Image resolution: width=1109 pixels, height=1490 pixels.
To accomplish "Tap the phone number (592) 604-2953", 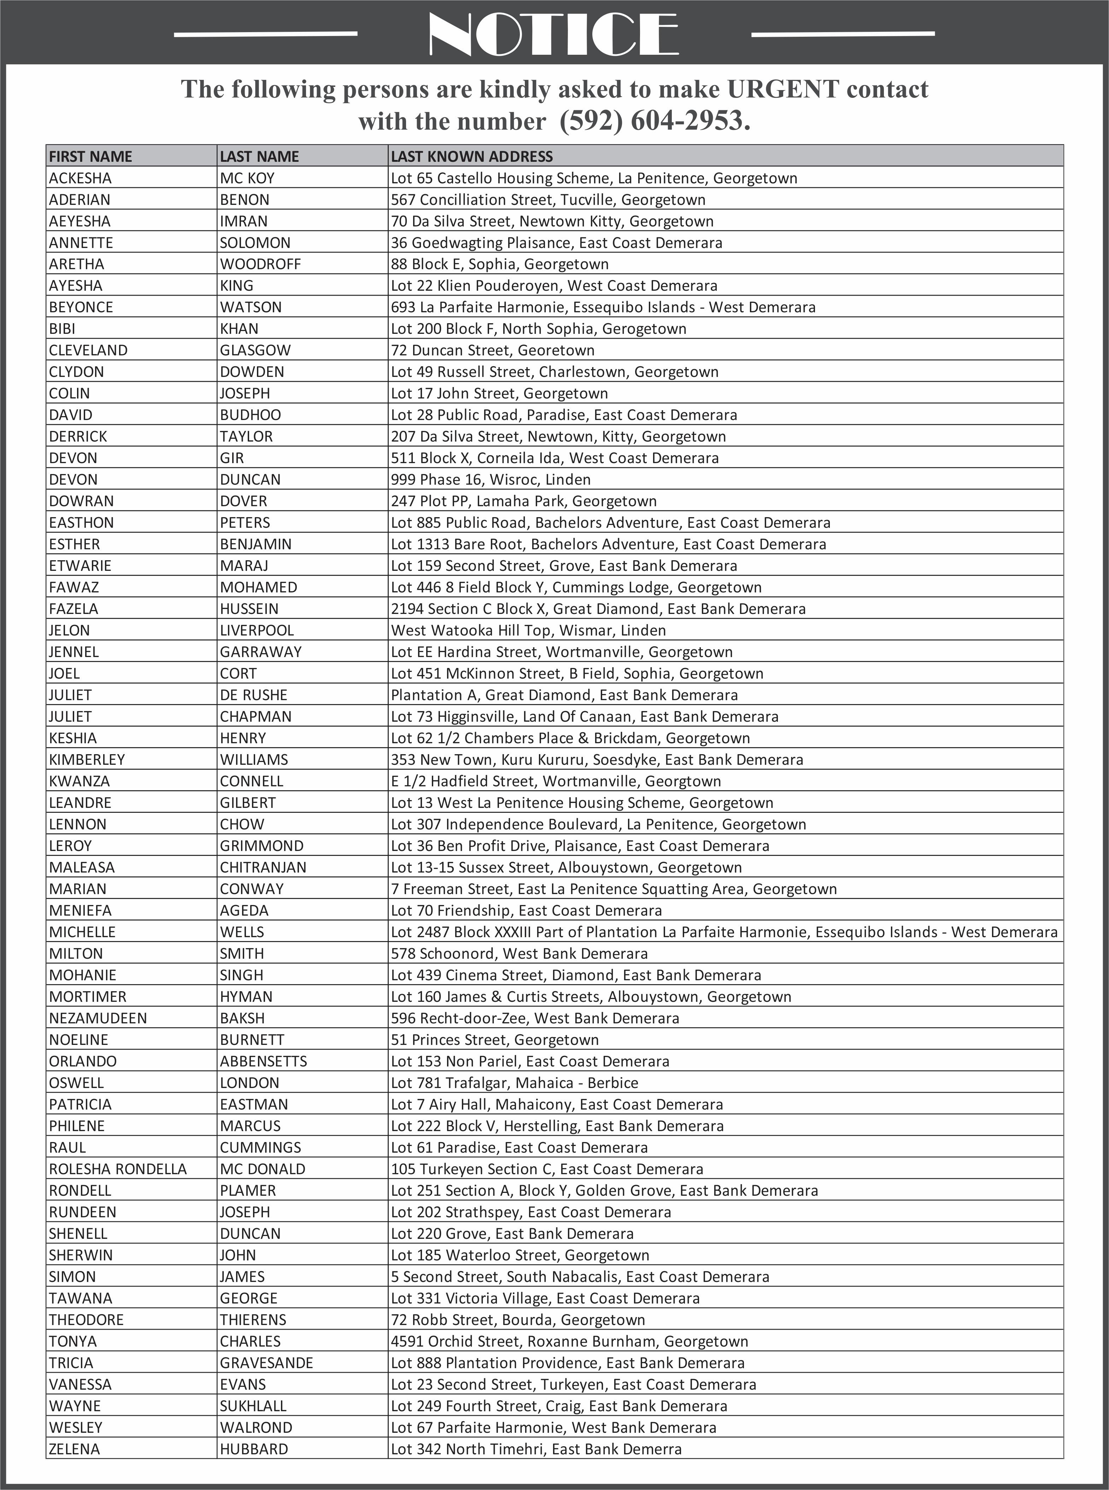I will (x=655, y=121).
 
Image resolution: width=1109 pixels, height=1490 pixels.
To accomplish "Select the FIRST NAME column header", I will (x=90, y=156).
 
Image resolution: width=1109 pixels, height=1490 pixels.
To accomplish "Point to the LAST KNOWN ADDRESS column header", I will (x=472, y=156).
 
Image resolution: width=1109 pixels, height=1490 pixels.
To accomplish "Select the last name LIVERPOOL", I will (x=257, y=631).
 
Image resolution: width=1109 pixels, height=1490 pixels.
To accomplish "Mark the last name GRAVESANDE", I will (x=266, y=1363).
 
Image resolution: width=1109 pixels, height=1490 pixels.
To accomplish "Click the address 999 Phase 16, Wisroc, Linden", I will (x=491, y=480).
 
